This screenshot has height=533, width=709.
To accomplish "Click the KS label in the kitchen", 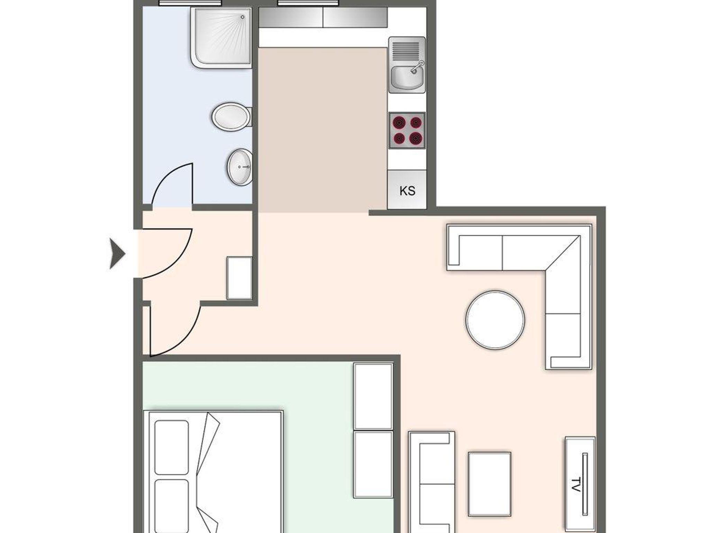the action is [x=407, y=191].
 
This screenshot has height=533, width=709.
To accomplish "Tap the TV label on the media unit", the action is [x=575, y=484].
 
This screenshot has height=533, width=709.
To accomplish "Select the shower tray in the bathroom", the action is [x=221, y=37].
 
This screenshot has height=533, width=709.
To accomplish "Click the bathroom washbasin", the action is [x=240, y=167].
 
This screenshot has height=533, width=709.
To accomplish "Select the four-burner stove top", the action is [x=407, y=130].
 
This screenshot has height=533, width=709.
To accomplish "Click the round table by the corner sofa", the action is [x=495, y=320].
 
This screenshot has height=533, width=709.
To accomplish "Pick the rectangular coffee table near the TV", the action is [x=490, y=484].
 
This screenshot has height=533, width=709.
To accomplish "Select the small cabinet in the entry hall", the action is [x=239, y=278].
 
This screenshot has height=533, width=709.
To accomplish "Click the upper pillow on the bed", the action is [x=172, y=447].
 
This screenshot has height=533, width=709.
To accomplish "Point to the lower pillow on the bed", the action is [x=172, y=506].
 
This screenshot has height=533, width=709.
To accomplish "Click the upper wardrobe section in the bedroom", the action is [x=373, y=396].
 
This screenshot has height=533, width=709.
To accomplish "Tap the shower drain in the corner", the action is [x=243, y=17].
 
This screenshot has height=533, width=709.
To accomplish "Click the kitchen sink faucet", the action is [x=417, y=67].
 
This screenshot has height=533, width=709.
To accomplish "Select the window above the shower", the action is [x=190, y=3].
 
